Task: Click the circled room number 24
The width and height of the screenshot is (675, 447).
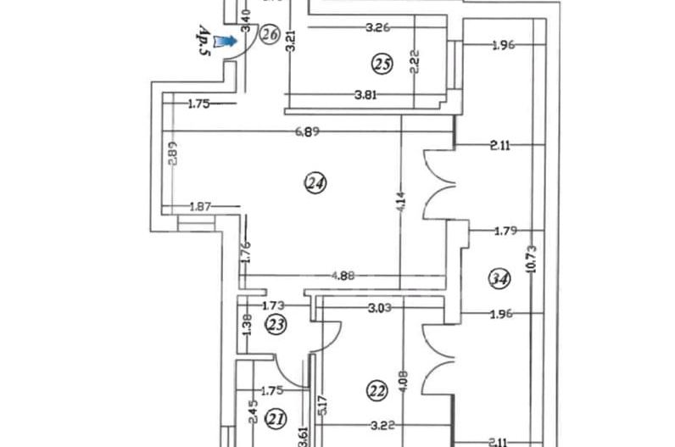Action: (316, 182)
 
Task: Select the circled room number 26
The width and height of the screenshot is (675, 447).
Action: (270, 34)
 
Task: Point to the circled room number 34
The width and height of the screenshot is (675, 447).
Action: (499, 277)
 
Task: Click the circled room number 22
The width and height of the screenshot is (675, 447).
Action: (377, 389)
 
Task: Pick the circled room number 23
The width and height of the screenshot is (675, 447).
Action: (276, 323)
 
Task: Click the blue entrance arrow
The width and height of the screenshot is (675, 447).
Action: (226, 41)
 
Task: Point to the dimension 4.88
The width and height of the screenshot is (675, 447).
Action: (342, 274)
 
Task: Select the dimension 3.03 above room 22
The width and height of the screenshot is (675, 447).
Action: (380, 308)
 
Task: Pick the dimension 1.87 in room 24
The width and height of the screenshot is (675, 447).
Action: (200, 205)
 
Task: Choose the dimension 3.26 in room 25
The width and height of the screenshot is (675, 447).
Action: (377, 27)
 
